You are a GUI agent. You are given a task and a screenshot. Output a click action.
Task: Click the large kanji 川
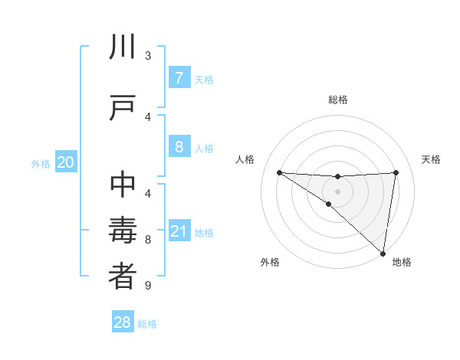click(123, 47)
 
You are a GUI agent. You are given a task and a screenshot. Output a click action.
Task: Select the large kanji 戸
click(123, 108)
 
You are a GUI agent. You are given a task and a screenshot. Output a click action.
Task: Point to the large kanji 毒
click(123, 231)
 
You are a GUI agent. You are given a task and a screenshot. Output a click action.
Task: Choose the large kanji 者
click(123, 277)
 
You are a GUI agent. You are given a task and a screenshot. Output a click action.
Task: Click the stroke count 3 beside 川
click(148, 56)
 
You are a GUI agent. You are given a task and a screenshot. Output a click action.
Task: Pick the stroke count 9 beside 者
click(148, 286)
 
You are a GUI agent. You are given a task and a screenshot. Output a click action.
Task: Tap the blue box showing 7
click(179, 78)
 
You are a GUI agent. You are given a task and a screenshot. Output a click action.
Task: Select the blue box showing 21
click(179, 232)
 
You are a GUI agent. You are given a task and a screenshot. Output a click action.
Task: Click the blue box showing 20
click(65, 162)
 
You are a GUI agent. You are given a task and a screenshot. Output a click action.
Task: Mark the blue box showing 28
click(123, 322)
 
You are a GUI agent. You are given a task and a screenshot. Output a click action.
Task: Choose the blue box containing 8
click(179, 147)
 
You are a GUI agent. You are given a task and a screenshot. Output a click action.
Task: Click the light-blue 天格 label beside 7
click(204, 80)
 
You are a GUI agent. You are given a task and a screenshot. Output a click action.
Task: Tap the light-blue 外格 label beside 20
click(41, 164)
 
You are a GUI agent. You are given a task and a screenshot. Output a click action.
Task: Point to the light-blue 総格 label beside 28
click(148, 324)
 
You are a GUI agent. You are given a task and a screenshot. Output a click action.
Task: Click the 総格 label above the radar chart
click(338, 100)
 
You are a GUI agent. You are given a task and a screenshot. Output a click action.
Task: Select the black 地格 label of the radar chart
click(402, 262)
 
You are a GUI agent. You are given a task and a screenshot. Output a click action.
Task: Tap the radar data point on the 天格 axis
click(396, 172)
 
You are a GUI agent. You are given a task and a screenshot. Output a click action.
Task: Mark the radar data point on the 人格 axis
click(279, 172)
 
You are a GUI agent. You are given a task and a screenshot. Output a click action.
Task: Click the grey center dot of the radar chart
click(337, 191)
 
